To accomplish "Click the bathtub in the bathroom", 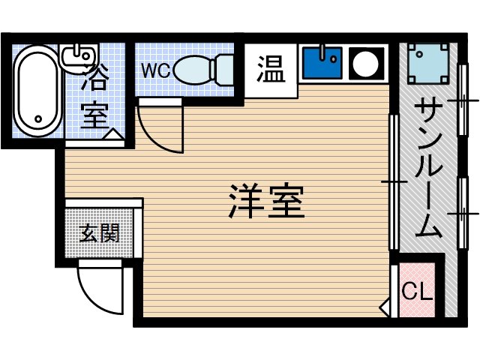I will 37,90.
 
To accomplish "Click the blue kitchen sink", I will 322,62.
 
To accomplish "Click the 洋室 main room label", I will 266,201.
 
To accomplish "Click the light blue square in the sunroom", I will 429,64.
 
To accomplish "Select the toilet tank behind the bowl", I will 224,69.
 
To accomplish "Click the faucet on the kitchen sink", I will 323,52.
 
